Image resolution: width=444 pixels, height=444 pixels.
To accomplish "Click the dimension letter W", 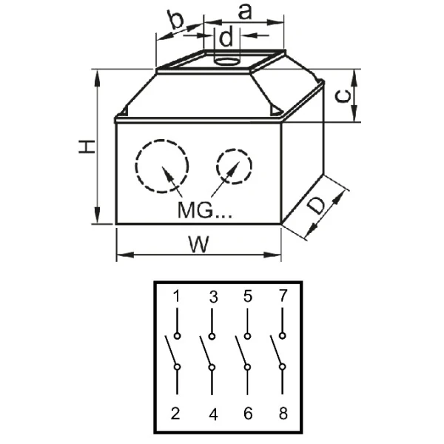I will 196,244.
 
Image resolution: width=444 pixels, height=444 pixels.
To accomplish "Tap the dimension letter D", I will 317,206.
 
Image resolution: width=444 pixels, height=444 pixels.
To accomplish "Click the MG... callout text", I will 204,209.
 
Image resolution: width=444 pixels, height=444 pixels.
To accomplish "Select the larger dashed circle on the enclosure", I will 162,166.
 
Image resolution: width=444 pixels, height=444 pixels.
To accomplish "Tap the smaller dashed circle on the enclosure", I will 232,166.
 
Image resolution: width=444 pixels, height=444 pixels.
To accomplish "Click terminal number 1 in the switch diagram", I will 177,297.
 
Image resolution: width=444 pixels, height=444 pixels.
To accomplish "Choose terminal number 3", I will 213,297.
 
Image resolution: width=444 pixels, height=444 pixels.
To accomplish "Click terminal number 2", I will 176,414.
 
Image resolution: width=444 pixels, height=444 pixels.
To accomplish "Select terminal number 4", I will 213,414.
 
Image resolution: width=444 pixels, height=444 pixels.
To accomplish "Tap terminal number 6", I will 248,414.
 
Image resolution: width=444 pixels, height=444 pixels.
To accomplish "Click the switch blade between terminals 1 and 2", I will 170,351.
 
